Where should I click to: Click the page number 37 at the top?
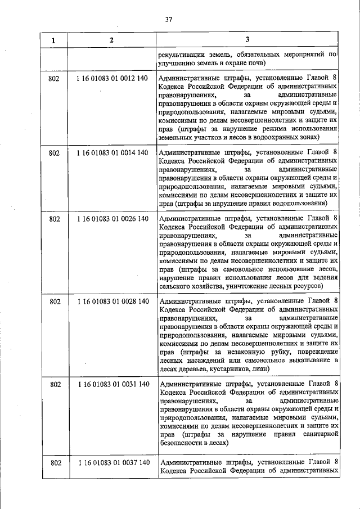(168, 19)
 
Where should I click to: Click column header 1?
(54, 40)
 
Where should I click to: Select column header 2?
(111, 40)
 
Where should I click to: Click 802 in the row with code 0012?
(54, 78)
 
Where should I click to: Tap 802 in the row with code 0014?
(54, 152)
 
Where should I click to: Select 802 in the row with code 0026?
(54, 219)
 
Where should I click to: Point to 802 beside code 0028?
(54, 301)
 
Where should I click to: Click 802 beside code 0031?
(54, 384)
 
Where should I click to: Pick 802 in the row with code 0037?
(54, 462)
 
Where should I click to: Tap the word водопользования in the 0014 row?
(298, 203)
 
